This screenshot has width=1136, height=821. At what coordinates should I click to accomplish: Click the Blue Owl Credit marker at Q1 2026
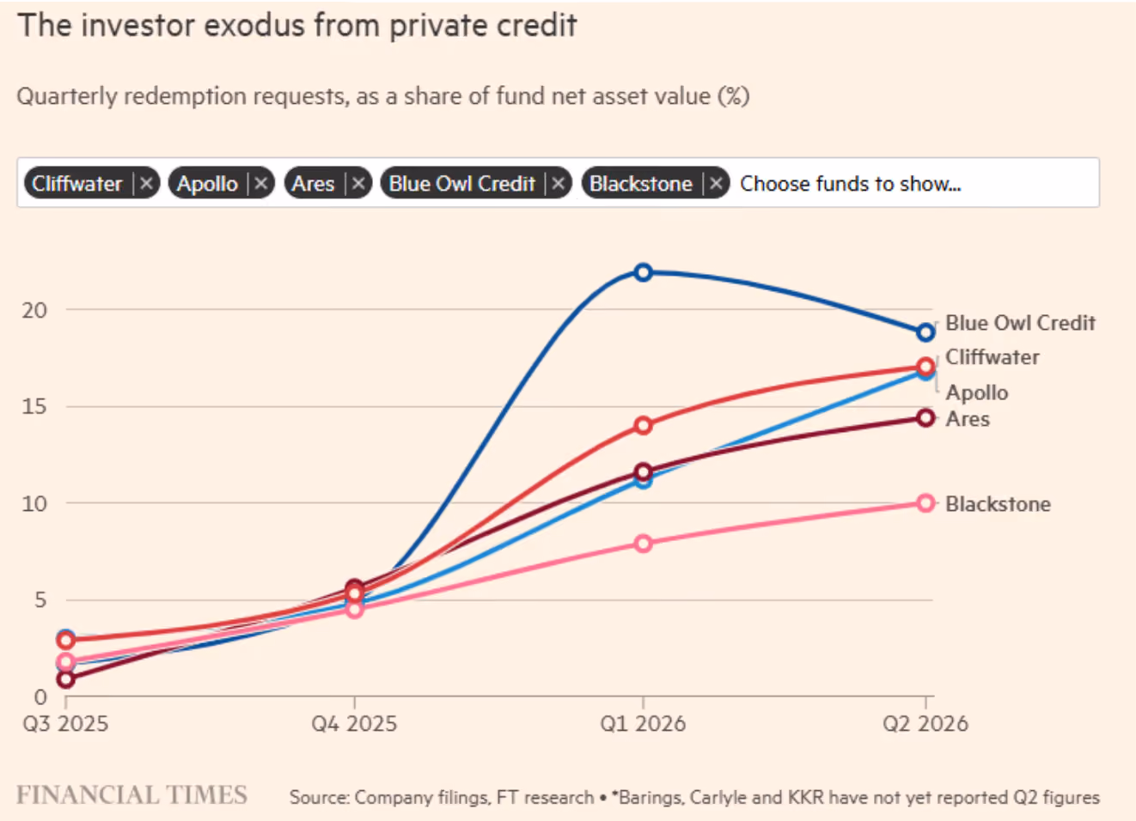coord(643,272)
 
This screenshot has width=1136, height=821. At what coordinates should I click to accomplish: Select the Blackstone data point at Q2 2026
coord(925,503)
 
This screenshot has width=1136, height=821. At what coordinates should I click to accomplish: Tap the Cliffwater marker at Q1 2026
coord(643,425)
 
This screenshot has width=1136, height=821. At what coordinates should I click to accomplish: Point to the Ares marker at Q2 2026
coord(925,418)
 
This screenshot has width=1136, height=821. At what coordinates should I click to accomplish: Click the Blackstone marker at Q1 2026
coord(643,544)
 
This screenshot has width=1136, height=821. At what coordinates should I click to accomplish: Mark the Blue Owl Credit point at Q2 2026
coord(925,332)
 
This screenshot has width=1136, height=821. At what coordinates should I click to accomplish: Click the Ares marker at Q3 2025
coord(66,679)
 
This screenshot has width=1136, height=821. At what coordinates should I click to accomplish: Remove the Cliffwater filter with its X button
coord(146,183)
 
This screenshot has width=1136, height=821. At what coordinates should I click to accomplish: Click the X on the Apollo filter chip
coord(260,183)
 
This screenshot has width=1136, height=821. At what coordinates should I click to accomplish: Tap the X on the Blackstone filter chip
coord(716,183)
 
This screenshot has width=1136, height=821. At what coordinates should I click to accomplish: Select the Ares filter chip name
coord(313,184)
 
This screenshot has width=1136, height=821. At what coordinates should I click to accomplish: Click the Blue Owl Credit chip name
coord(461,184)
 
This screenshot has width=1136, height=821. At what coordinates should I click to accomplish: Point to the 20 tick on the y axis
coord(34,310)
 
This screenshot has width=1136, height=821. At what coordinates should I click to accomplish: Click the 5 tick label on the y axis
coord(40,600)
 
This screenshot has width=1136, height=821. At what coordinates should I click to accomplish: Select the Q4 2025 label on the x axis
coord(354,723)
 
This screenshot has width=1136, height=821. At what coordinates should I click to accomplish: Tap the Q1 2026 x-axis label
coord(643,723)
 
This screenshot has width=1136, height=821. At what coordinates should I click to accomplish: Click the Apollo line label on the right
coord(977,392)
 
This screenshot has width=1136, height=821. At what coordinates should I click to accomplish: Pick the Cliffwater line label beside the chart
coord(992,357)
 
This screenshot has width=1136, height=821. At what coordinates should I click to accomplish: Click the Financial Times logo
coord(131,794)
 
